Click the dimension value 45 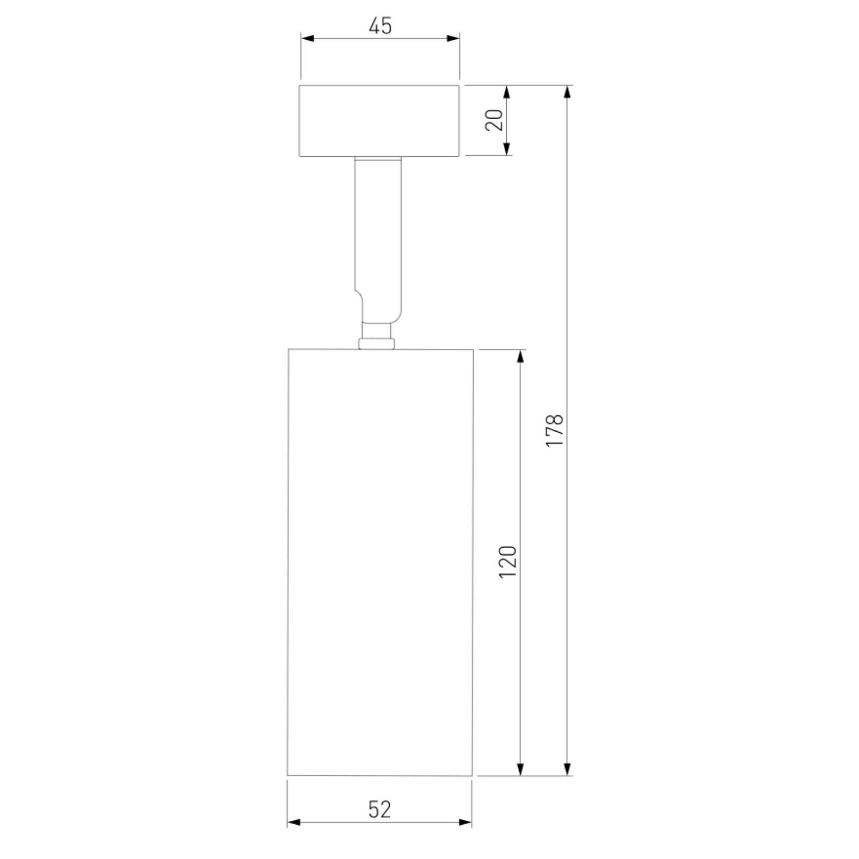tap(380, 26)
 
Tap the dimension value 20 tap(494, 120)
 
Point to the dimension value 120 tap(507, 561)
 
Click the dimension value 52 tap(380, 809)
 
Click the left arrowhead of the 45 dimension tap(307, 38)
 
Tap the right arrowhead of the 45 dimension tap(453, 38)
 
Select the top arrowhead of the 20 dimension tap(506, 92)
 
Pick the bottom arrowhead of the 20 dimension tap(506, 149)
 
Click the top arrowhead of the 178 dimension tap(567, 92)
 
